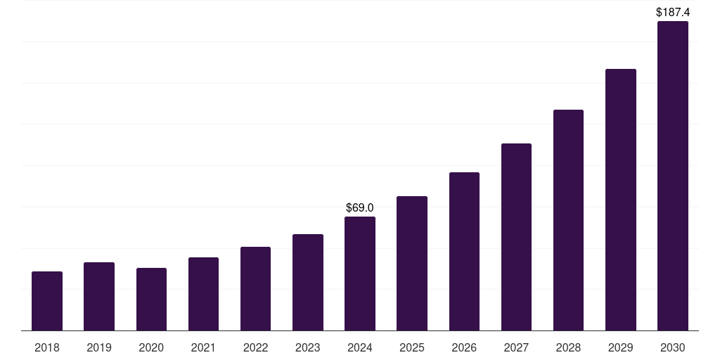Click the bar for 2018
point(47,301)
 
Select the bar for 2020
point(151,299)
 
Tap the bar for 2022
point(255,288)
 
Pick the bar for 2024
point(360,274)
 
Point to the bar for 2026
point(464,251)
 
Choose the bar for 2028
point(568,220)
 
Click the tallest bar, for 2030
point(673,176)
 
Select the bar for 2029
point(621,200)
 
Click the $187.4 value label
point(673,12)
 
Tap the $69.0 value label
point(360,207)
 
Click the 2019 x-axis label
point(99,347)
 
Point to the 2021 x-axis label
point(203,347)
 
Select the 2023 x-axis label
point(308,347)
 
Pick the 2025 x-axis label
point(412,347)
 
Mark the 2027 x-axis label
point(516,347)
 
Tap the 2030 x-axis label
point(673,347)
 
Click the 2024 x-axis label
point(360,347)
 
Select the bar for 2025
point(412,263)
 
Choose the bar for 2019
point(99,296)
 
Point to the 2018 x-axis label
point(47,347)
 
